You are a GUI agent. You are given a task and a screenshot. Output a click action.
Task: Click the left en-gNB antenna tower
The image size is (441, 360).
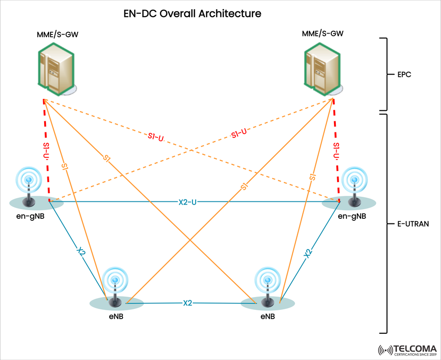pyautogui.click(x=30, y=189)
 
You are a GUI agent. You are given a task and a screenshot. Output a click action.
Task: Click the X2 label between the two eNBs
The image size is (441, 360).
pyautogui.click(x=187, y=303)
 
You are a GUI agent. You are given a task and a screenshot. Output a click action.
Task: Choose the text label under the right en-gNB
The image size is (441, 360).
pyautogui.click(x=352, y=216)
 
